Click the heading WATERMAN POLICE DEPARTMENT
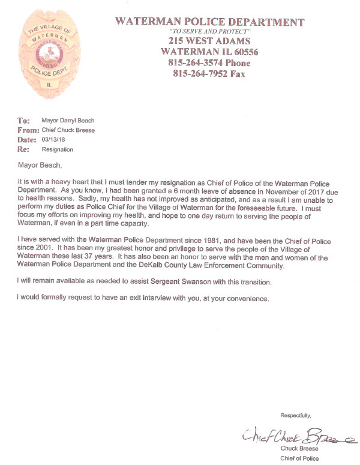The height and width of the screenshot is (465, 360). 209,22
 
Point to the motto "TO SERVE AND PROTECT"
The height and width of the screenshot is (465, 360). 209,32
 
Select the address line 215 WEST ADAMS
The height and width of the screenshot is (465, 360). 209,41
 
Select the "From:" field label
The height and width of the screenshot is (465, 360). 28,130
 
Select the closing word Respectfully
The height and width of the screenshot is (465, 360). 296,415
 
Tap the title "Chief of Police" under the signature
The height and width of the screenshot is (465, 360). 299,458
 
